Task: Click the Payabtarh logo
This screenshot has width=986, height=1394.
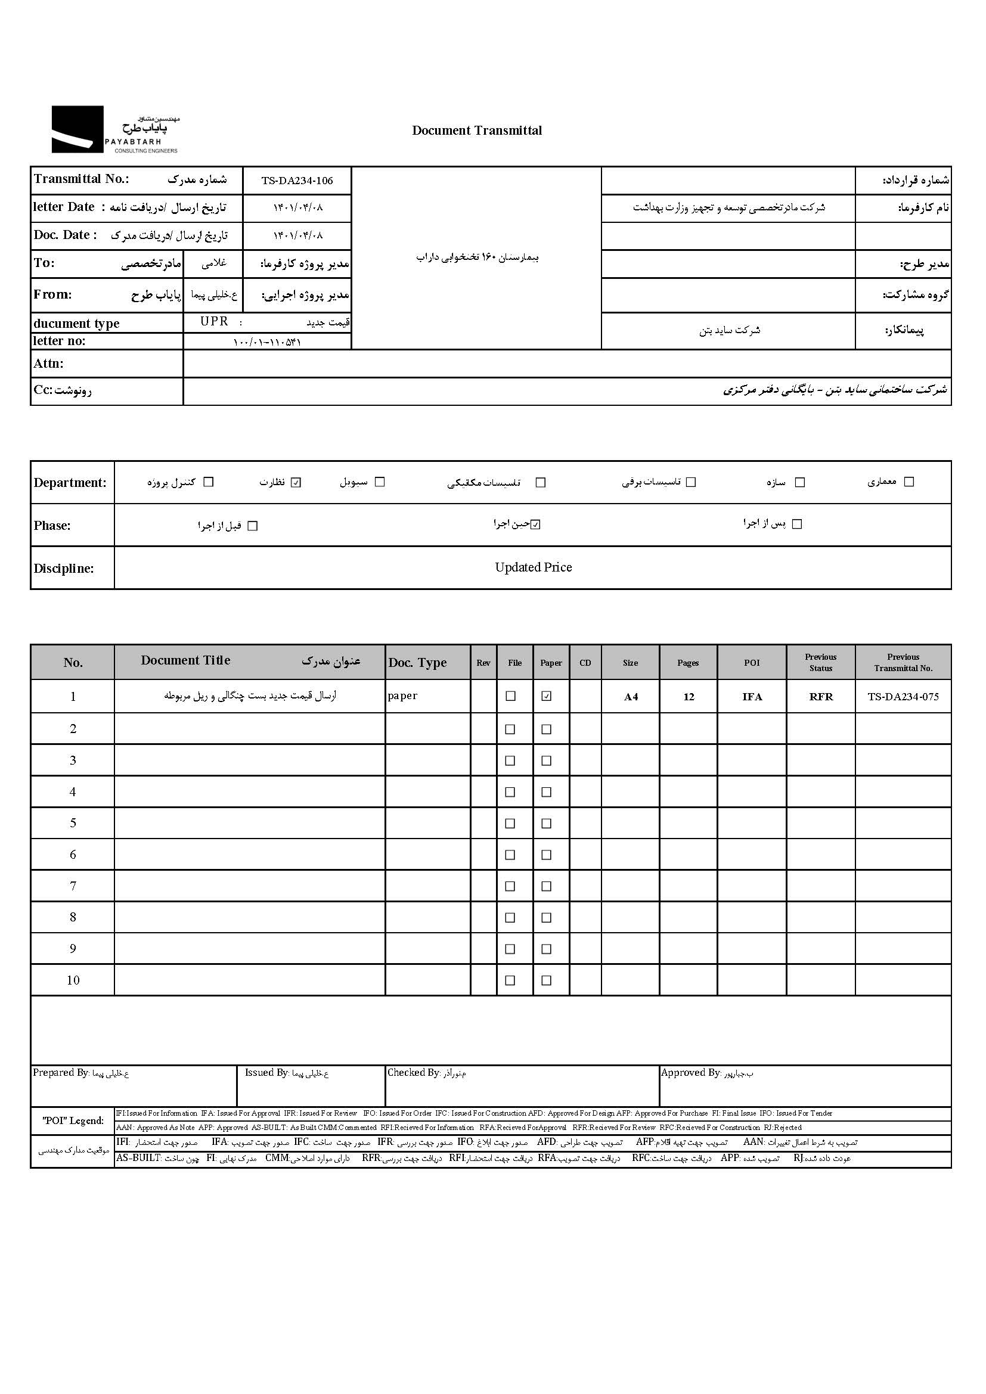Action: [x=116, y=129]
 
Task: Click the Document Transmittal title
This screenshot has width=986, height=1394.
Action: [x=477, y=131]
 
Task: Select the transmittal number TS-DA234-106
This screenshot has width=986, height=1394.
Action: [x=297, y=181]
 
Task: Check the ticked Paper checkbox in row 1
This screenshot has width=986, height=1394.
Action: [x=547, y=696]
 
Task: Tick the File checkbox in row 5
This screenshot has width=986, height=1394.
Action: [x=510, y=823]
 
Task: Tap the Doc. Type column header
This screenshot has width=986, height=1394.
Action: [x=418, y=662]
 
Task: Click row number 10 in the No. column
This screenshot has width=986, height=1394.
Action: [x=73, y=980]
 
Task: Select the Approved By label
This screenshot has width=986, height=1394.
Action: [x=690, y=1073]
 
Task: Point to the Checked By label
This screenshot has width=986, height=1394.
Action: [x=414, y=1073]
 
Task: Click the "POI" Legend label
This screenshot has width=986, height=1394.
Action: [x=73, y=1120]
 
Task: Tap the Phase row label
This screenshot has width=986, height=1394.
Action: [x=52, y=526]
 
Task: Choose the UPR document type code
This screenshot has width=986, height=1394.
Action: [x=215, y=322]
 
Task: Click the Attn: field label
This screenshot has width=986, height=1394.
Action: [x=48, y=364]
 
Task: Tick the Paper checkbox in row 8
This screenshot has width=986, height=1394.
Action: [x=547, y=917]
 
